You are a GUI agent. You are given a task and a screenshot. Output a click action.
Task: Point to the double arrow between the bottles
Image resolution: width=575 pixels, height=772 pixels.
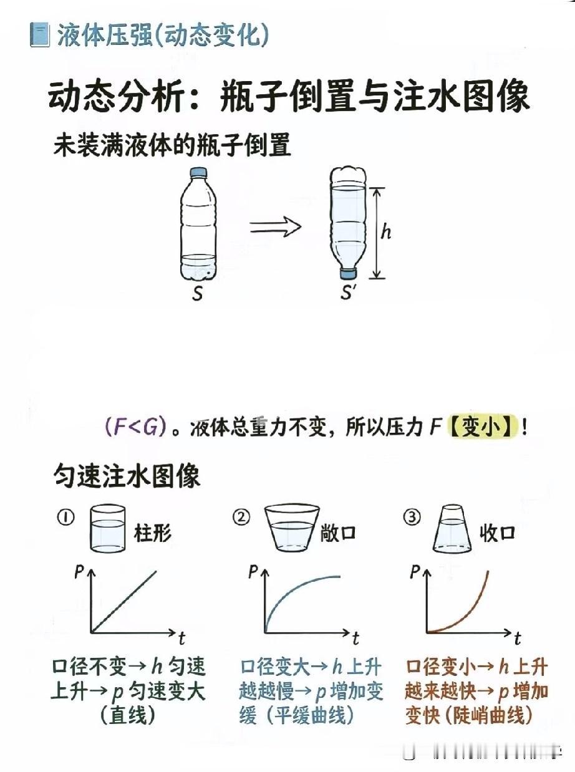coord(275,227)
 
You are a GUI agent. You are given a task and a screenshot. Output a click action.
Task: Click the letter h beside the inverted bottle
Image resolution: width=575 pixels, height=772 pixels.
coord(387,232)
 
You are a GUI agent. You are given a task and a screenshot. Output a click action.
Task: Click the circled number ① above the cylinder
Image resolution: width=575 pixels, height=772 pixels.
coord(67,518)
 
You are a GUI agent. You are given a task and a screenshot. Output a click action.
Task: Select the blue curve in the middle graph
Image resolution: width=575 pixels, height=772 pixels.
coord(293,592)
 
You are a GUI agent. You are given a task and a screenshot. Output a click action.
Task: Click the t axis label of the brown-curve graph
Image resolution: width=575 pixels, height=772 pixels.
coord(518,639)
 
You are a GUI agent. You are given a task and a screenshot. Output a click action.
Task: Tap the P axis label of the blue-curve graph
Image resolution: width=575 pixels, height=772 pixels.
coord(253,571)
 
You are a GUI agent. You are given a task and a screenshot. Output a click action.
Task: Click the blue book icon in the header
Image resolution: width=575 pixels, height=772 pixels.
coord(39,35)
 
